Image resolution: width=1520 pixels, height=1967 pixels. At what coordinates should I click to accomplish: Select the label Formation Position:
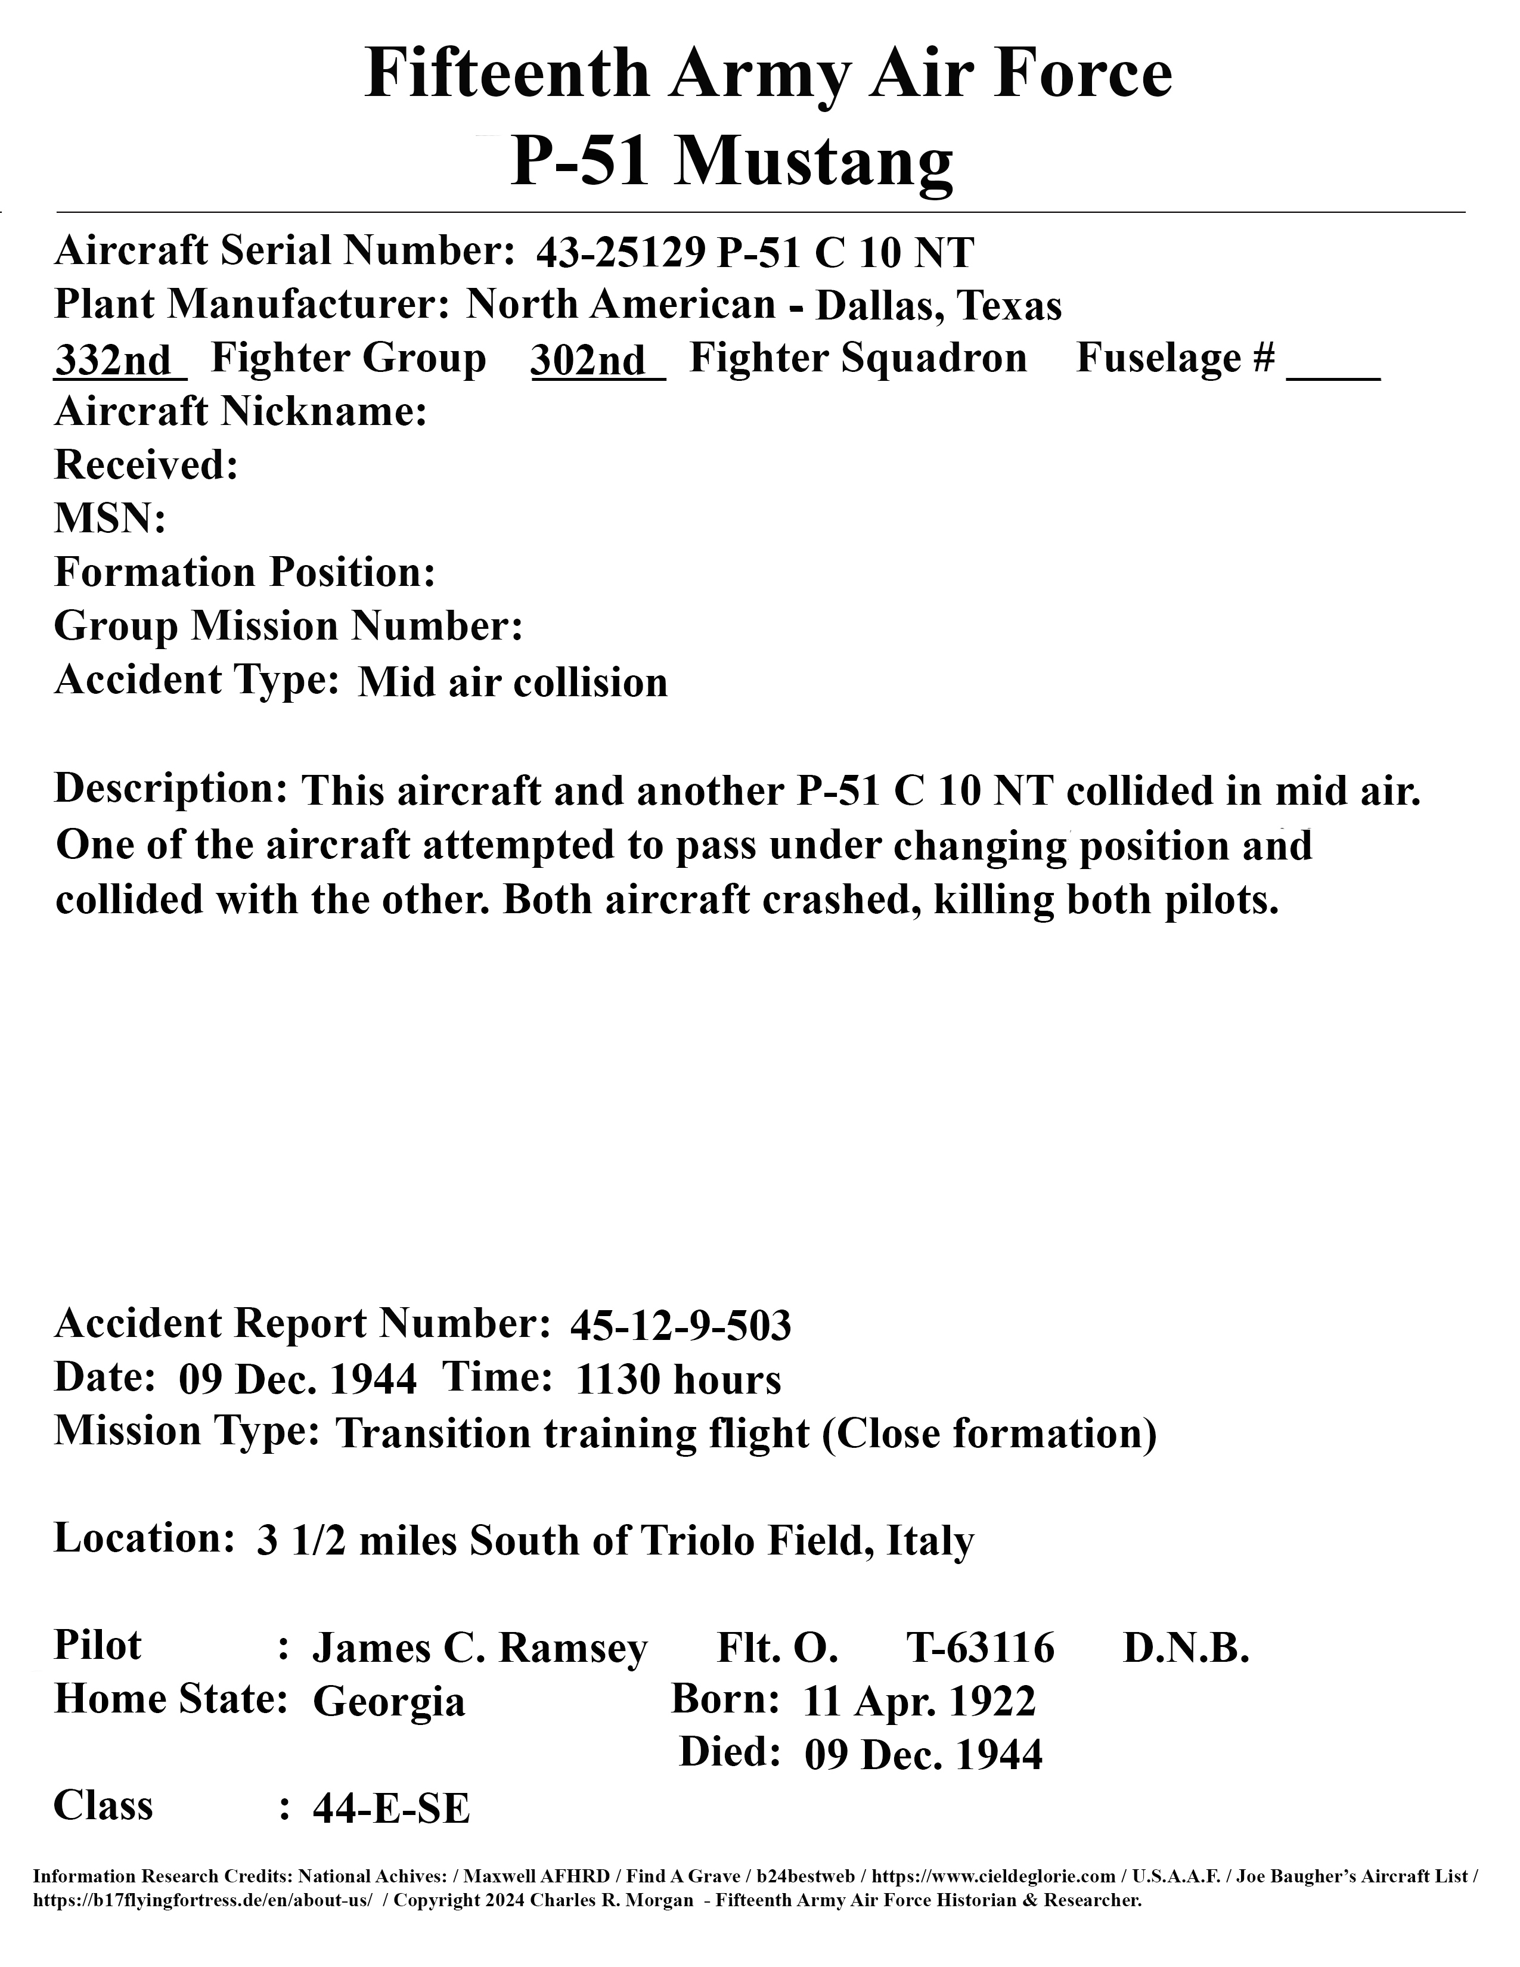pyautogui.click(x=245, y=573)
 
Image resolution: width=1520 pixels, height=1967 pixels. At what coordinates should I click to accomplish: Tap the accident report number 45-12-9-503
pyautogui.click(x=680, y=1326)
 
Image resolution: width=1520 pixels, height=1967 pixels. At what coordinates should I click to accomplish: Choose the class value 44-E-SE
pyautogui.click(x=391, y=1808)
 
